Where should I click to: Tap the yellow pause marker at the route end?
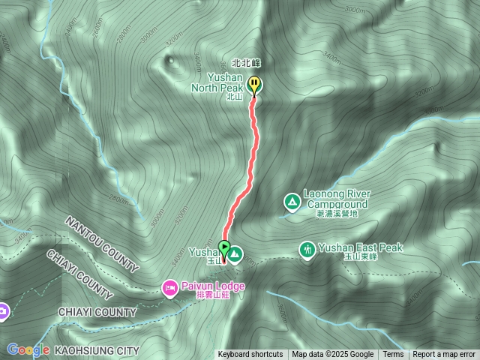[x=255, y=85]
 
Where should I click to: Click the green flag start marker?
[x=223, y=247]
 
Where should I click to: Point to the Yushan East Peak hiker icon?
[x=307, y=248]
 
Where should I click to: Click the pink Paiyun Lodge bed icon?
[x=169, y=286]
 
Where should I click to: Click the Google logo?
[x=28, y=349]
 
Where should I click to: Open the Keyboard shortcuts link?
[x=250, y=355]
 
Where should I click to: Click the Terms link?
[x=393, y=355]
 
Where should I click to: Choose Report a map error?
[x=444, y=355]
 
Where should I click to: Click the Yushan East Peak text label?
[x=361, y=247]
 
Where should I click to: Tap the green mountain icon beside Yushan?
[x=235, y=254]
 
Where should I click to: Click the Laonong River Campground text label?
[x=337, y=199]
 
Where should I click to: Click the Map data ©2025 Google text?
[x=332, y=355]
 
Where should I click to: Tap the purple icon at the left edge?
[x=2, y=310]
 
